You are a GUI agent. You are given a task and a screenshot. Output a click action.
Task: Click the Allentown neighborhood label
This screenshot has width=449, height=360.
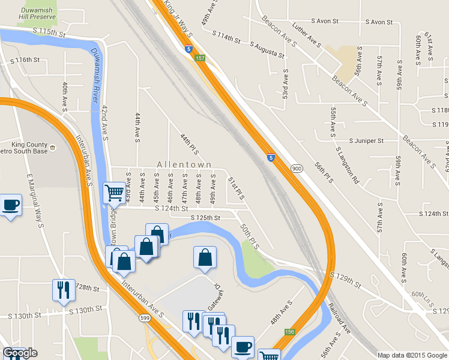pos(184,164)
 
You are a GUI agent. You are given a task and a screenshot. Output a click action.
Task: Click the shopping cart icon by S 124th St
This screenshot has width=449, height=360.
pos(114,193)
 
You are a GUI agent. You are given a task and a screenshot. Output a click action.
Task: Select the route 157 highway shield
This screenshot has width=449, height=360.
pos(200,58)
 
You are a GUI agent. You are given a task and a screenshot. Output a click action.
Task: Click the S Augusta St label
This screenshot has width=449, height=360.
pos(267,50)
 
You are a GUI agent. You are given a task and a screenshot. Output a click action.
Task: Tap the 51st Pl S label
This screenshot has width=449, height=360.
pos(236,188)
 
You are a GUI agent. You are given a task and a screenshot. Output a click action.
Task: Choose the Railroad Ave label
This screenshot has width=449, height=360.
pos(339,319)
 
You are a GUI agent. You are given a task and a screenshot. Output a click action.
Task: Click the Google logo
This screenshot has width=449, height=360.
pos(20,353)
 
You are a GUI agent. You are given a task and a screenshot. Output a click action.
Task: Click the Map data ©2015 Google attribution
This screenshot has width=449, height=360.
pos(412,355)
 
